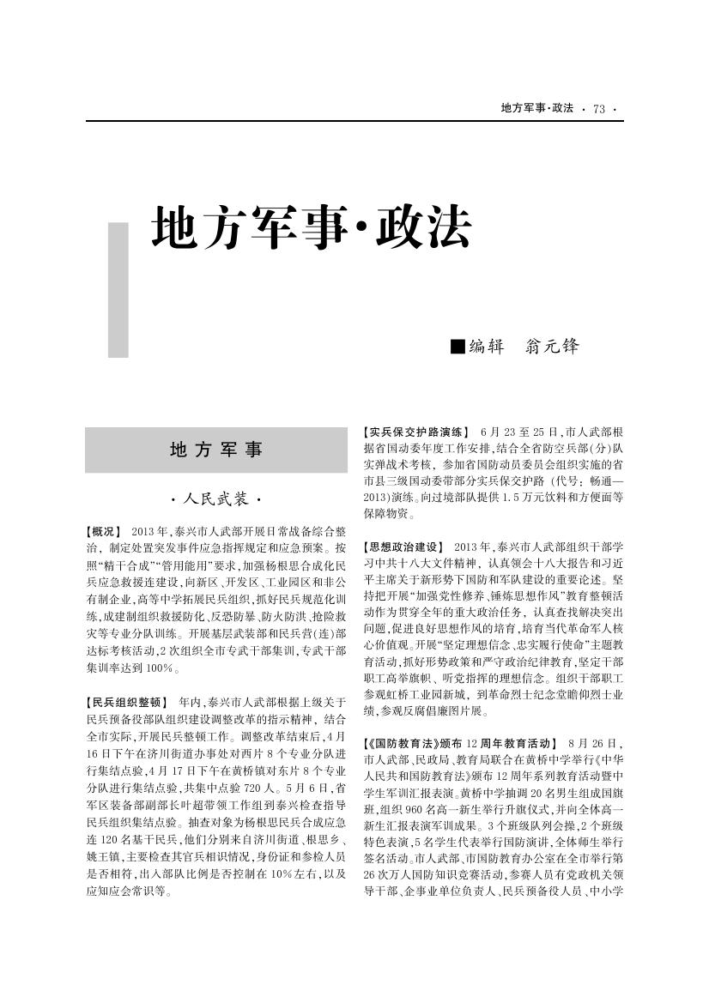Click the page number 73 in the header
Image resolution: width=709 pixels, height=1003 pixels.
[x=598, y=108]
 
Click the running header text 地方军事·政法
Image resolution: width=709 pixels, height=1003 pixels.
[x=537, y=108]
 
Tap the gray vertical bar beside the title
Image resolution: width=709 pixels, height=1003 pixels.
[x=118, y=289]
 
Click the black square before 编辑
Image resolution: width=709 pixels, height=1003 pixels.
[x=458, y=347]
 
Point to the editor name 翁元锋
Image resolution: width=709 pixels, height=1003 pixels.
[x=551, y=347]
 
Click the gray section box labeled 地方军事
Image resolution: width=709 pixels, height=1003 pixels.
[x=216, y=450]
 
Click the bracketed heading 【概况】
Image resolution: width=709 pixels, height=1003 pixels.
[x=104, y=532]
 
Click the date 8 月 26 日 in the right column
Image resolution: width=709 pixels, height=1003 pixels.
[x=596, y=743]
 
